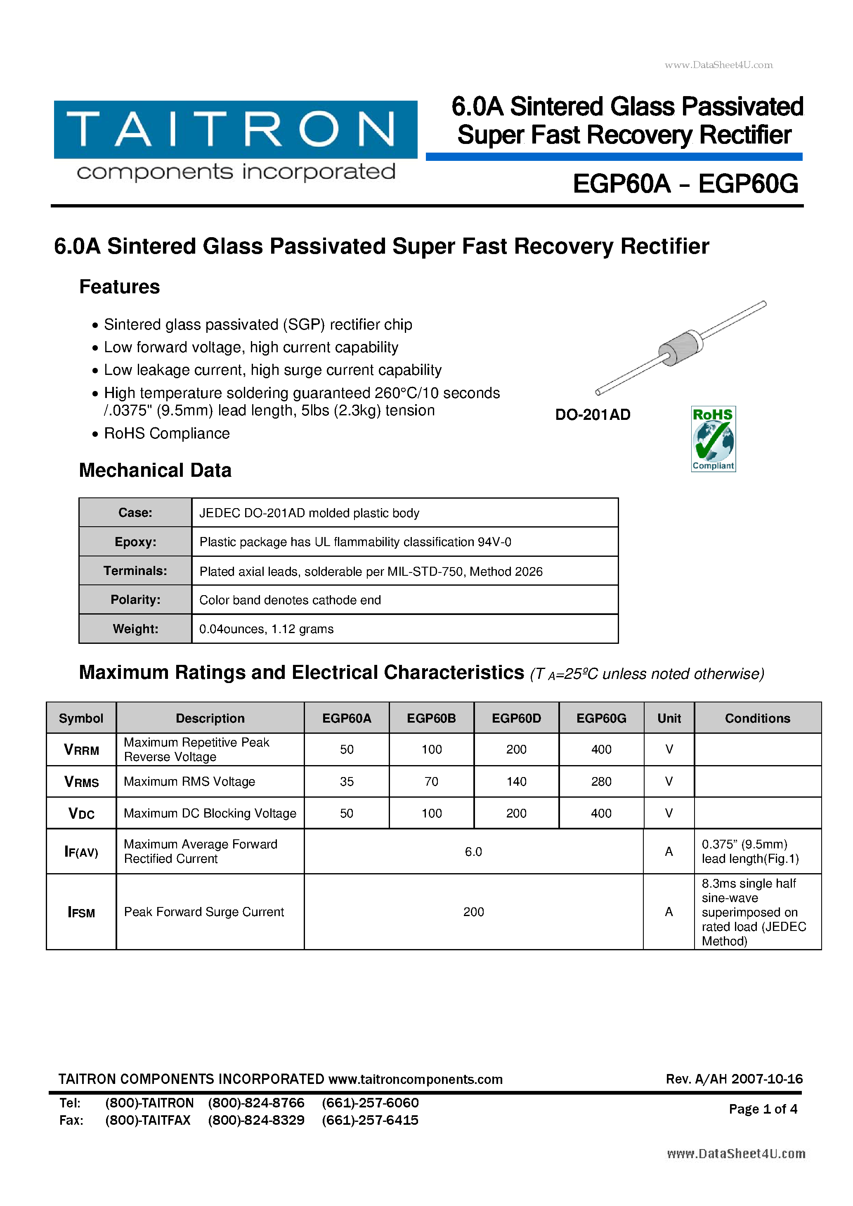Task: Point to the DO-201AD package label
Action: (592, 415)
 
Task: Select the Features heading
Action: (119, 287)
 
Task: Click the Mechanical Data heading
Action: (155, 470)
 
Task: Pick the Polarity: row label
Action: (135, 600)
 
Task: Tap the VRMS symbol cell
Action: (81, 782)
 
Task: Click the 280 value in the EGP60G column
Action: (601, 782)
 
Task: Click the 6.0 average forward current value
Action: (473, 851)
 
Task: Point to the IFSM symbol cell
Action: (81, 912)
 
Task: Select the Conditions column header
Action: (757, 718)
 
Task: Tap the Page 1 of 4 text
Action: (763, 1109)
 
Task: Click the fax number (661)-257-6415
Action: (370, 1120)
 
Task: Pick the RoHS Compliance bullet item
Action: (167, 433)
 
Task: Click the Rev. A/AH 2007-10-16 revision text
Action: (734, 1079)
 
